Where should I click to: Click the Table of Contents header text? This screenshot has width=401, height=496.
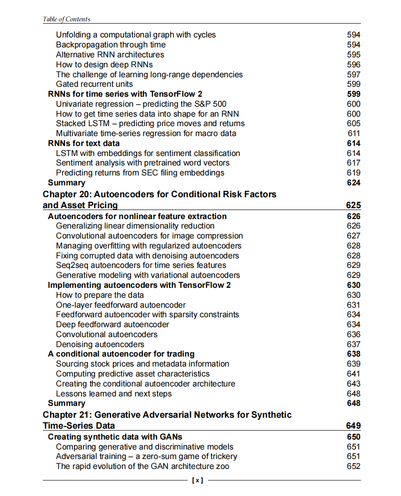pos(66,19)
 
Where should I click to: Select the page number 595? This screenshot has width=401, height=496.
pos(354,55)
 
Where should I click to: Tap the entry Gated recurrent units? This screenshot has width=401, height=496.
pos(94,84)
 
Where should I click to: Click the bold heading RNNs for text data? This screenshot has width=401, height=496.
pos(84,143)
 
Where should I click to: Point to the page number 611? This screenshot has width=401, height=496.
pos(354,133)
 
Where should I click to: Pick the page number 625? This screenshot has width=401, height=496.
pos(353,205)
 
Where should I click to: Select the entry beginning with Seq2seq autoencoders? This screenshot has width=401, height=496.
pos(141,265)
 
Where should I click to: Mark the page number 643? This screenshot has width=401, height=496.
pos(354,384)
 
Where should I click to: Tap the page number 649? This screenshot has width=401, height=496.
pos(353,426)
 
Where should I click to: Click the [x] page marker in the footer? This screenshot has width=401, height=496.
pos(198,480)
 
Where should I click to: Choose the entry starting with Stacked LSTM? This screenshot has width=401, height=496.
pos(150,123)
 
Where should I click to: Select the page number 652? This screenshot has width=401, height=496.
pos(354,466)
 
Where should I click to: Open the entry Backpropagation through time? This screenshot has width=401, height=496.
pos(111,45)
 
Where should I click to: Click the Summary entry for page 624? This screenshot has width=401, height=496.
pos(67,183)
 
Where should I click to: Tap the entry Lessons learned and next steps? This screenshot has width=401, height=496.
pos(114,394)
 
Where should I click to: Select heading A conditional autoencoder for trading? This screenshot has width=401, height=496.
pos(121,354)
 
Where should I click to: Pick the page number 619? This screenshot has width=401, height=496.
pos(354,173)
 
